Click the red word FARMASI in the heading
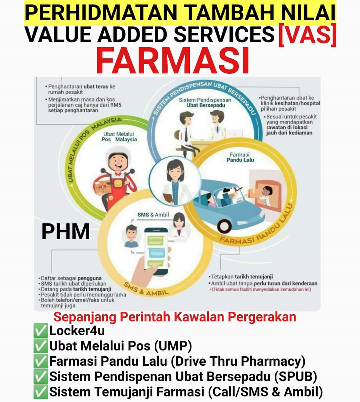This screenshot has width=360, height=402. pyautogui.click(x=172, y=61)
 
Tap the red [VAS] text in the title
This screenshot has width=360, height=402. pyautogui.click(x=307, y=35)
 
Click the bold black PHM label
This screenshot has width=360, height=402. pyautogui.click(x=65, y=232)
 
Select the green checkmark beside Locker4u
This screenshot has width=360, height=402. pyautogui.click(x=41, y=330)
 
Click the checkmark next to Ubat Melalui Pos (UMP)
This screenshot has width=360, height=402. pyautogui.click(x=41, y=346)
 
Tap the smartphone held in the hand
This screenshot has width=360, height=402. pyautogui.click(x=156, y=251)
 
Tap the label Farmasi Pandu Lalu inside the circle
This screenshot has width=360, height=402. pyautogui.click(x=240, y=157)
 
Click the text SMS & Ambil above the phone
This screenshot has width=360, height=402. pyautogui.click(x=153, y=214)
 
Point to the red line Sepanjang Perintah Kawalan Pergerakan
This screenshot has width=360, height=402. pyautogui.click(x=175, y=317)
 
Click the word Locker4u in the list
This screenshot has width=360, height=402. pyautogui.click(x=77, y=331)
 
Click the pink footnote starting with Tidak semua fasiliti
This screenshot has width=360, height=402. pyautogui.click(x=260, y=289)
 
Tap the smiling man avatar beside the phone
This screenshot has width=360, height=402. pyautogui.click(x=131, y=236)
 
